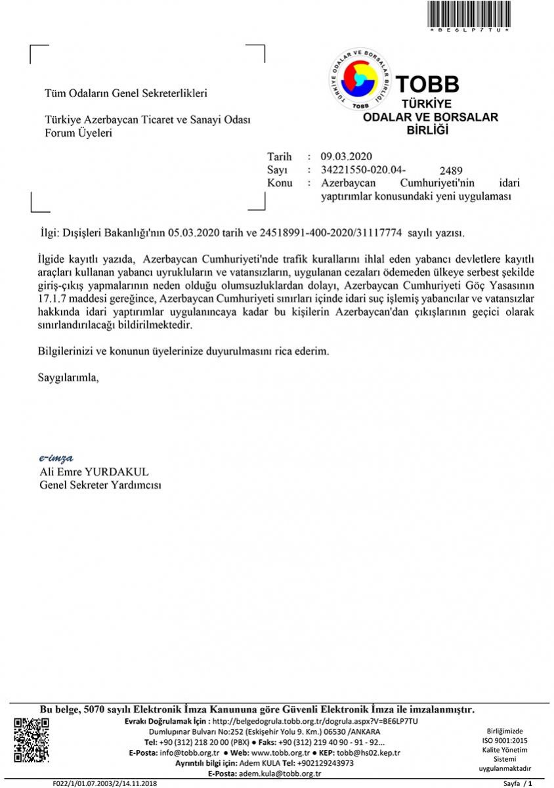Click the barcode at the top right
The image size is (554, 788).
point(469,13)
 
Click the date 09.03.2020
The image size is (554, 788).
point(347,156)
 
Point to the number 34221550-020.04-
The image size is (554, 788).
point(359,169)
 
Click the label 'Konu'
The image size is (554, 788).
point(280,183)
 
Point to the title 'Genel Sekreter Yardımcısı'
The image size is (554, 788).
point(100,485)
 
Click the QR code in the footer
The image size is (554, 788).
point(32,739)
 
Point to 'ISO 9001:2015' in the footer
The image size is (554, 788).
point(505,740)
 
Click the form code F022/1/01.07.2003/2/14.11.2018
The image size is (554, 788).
point(105,783)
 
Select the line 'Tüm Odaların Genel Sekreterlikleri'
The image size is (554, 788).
point(125,93)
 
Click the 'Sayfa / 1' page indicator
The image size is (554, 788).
point(517,783)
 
